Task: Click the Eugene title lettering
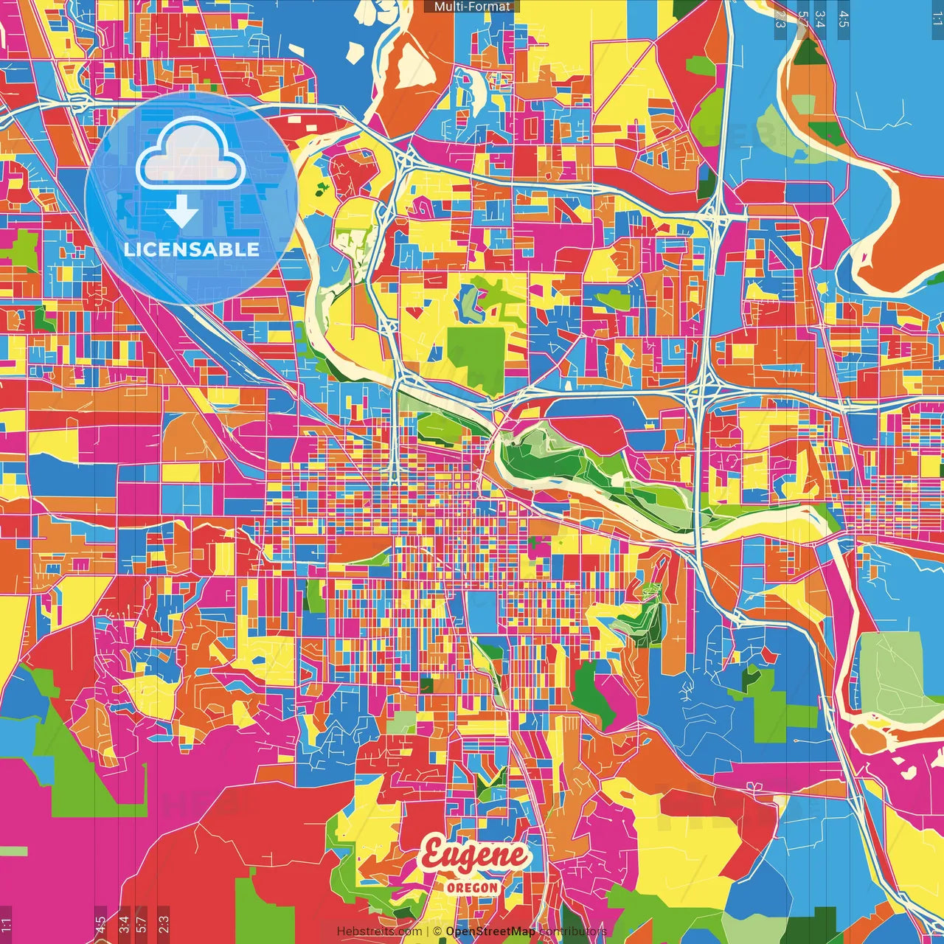click(x=474, y=855)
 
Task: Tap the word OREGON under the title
click(x=472, y=887)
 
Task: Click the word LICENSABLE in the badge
click(x=192, y=249)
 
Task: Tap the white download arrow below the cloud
click(x=181, y=214)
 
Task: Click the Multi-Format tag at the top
click(x=472, y=7)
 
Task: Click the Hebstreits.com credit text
click(x=379, y=931)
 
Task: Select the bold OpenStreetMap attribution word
click(x=490, y=931)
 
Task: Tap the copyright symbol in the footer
click(x=437, y=931)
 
